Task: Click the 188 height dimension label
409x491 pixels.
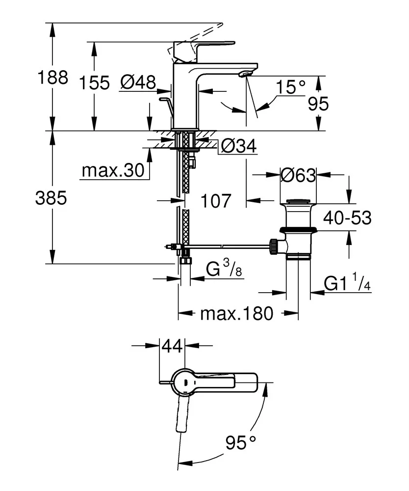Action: tap(53, 78)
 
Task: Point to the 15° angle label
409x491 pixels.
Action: tap(293, 88)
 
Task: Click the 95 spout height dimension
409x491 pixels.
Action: tap(317, 104)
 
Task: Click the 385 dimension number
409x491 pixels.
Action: tap(51, 198)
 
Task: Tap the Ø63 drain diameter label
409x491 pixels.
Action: tap(299, 175)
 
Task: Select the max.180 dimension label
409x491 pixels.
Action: tap(236, 313)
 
